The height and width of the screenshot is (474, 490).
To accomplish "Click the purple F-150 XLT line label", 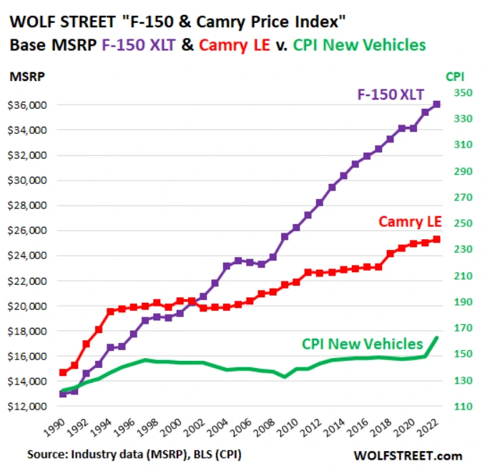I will pos(391,94).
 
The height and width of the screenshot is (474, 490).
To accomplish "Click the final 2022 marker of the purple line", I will pos(437,105).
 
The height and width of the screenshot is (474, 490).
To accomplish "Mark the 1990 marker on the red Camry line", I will pos(64,372).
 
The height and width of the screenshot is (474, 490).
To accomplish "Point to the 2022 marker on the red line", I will pos(437,239).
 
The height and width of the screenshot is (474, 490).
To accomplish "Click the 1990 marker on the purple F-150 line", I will pos(64,394).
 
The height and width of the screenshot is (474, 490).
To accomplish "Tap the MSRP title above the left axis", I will pos(24,75).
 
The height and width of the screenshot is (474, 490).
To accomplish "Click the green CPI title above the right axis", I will pos(455,76).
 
